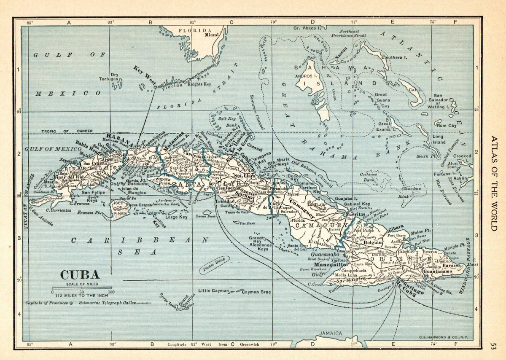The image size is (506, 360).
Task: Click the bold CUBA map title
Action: [80, 274]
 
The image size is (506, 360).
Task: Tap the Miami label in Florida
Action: [213, 35]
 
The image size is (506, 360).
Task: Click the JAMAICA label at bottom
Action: [331, 333]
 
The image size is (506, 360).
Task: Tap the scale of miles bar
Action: [81, 287]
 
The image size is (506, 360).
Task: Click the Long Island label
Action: [438, 139]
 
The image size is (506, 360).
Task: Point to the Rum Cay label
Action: [447, 126]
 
